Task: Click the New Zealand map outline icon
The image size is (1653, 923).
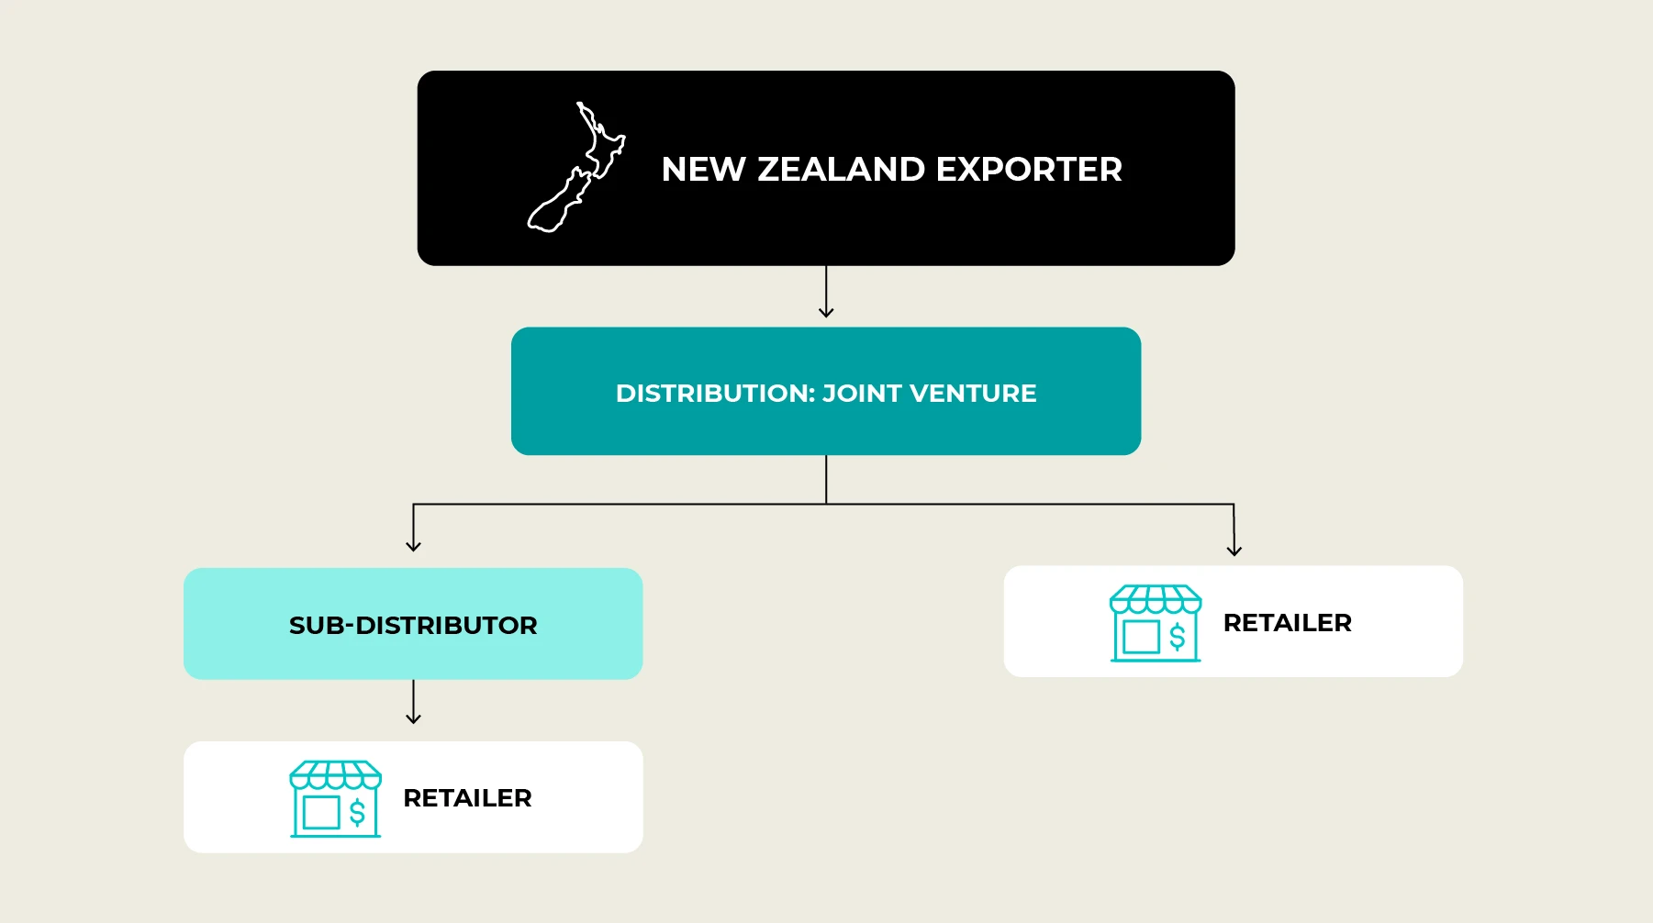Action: (576, 167)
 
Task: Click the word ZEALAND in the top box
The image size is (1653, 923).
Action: (841, 169)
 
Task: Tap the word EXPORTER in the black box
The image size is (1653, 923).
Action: (1029, 169)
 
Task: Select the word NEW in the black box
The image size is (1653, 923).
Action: (703, 169)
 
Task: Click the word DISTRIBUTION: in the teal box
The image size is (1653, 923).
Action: (715, 393)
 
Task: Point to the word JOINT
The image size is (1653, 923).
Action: (862, 393)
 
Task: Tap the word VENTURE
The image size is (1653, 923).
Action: (973, 393)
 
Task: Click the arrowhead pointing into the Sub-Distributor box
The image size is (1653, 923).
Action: (413, 546)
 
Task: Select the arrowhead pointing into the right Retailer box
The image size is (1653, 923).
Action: (1234, 550)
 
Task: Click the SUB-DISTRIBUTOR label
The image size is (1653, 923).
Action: (413, 625)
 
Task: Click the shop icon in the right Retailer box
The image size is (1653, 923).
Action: (1156, 623)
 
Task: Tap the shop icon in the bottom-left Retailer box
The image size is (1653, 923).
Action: (335, 798)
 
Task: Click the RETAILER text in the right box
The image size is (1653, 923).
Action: (1287, 623)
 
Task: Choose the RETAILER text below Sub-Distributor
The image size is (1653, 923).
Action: (467, 798)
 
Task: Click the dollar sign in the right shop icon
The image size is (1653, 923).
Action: (1178, 636)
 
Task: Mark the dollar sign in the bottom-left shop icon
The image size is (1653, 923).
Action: (357, 812)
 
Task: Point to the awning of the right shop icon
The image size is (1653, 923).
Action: (1156, 599)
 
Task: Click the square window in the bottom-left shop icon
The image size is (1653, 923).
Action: (321, 812)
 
